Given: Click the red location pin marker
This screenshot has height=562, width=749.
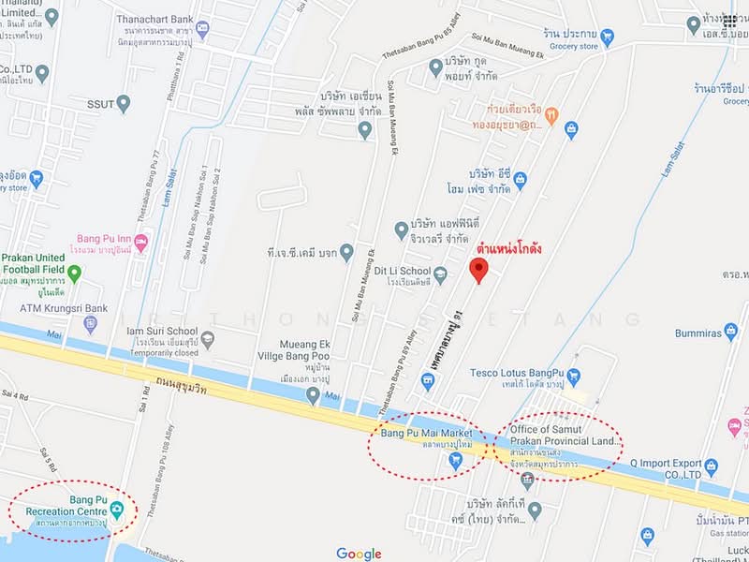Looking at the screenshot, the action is click(x=478, y=271).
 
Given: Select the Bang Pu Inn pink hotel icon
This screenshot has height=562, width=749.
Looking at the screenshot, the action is click(x=141, y=242).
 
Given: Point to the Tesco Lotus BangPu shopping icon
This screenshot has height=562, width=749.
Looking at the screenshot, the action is click(x=573, y=377).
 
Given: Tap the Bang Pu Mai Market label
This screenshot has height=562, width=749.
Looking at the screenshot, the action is click(x=423, y=433).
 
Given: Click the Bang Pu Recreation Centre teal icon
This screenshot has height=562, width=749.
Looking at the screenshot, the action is click(x=116, y=510).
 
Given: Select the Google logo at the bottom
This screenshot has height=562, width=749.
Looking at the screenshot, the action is click(x=359, y=554).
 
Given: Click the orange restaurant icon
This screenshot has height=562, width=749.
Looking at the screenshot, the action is click(x=551, y=116).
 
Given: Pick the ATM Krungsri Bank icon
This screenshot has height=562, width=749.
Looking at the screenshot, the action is click(x=91, y=324).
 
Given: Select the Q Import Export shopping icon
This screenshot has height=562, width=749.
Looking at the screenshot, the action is click(x=712, y=466).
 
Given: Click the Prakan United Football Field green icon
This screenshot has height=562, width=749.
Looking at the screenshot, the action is click(x=74, y=273).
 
